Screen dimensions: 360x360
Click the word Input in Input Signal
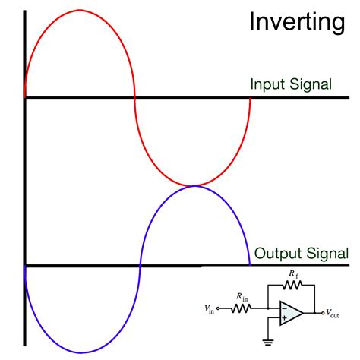[267, 84]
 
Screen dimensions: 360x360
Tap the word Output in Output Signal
[275, 253]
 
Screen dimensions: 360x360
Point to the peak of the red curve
[79, 11]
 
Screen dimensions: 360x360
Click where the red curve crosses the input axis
[134, 97]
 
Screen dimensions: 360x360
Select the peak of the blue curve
[194, 185]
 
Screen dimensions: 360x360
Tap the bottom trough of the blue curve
[79, 352]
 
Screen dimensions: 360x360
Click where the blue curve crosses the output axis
[140, 266]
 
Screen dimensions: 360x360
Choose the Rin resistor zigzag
[241, 308]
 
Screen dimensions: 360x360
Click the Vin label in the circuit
[209, 308]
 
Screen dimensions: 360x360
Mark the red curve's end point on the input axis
[250, 97]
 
